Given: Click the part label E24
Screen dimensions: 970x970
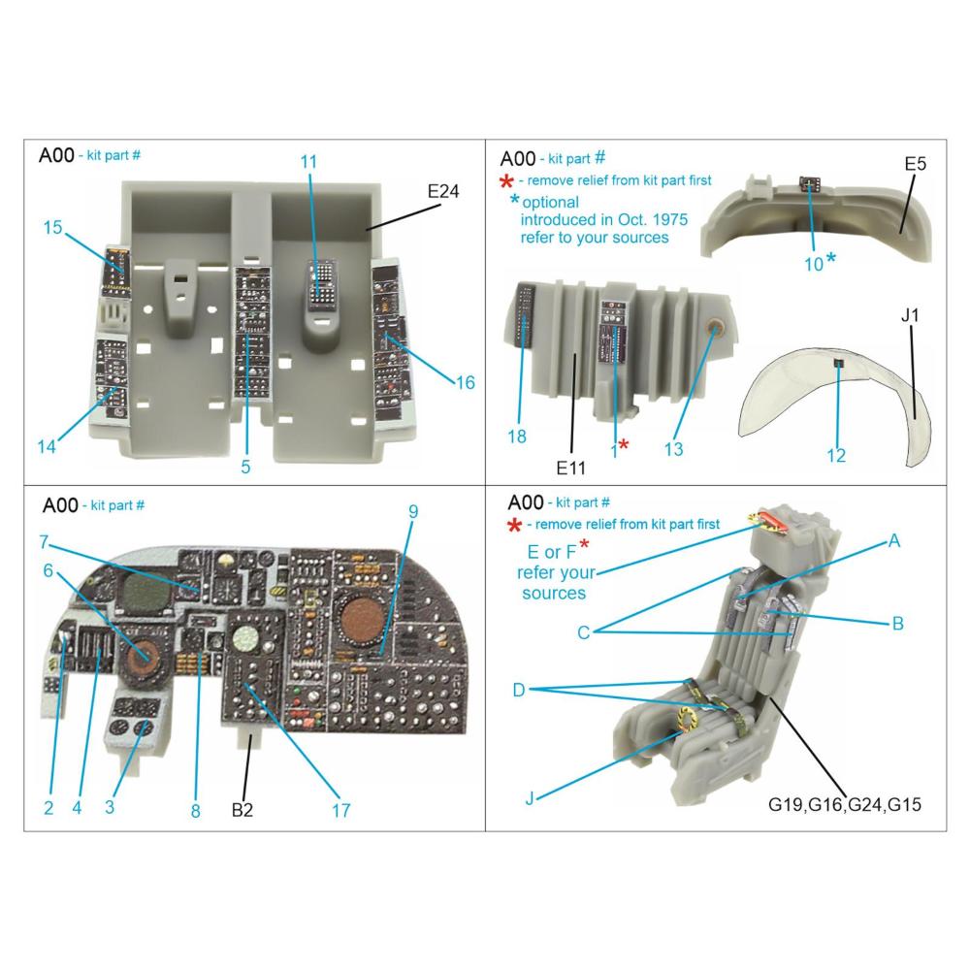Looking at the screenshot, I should [442, 192].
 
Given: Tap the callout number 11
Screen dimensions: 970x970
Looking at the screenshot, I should [308, 162].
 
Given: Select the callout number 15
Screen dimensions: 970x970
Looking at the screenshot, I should [52, 228].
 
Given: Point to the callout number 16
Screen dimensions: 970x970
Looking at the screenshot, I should [465, 382].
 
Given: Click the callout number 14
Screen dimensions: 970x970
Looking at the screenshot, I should [47, 446].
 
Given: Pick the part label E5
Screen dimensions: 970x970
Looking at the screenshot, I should [915, 164].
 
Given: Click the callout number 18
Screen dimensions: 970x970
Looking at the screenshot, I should [517, 436].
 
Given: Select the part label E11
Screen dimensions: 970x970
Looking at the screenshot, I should [571, 468].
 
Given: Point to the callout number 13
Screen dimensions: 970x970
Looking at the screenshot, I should [673, 448].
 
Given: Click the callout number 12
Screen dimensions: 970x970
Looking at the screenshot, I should [836, 455].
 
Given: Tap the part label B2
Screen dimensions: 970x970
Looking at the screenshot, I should [242, 810].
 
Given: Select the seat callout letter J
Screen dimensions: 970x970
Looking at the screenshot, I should [530, 798].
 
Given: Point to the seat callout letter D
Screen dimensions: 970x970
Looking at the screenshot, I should [519, 690].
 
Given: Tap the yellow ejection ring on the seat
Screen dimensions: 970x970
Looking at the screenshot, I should [686, 719].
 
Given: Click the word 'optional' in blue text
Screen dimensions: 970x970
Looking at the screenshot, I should [550, 202].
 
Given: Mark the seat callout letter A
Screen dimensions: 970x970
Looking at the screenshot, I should [893, 542].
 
